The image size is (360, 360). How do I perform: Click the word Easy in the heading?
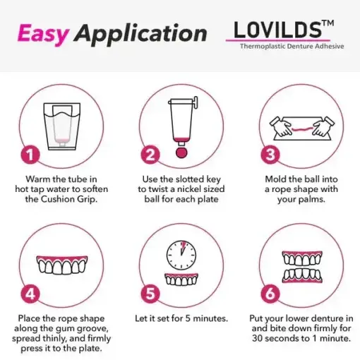point(42,33)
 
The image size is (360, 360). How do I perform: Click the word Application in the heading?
point(141,33)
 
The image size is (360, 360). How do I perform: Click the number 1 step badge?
point(28,154)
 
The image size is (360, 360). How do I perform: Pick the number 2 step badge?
point(149,154)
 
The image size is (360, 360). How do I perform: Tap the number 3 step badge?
point(270,154)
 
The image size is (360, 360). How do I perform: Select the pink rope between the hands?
point(301,131)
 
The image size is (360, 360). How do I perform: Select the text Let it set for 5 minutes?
point(181,318)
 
